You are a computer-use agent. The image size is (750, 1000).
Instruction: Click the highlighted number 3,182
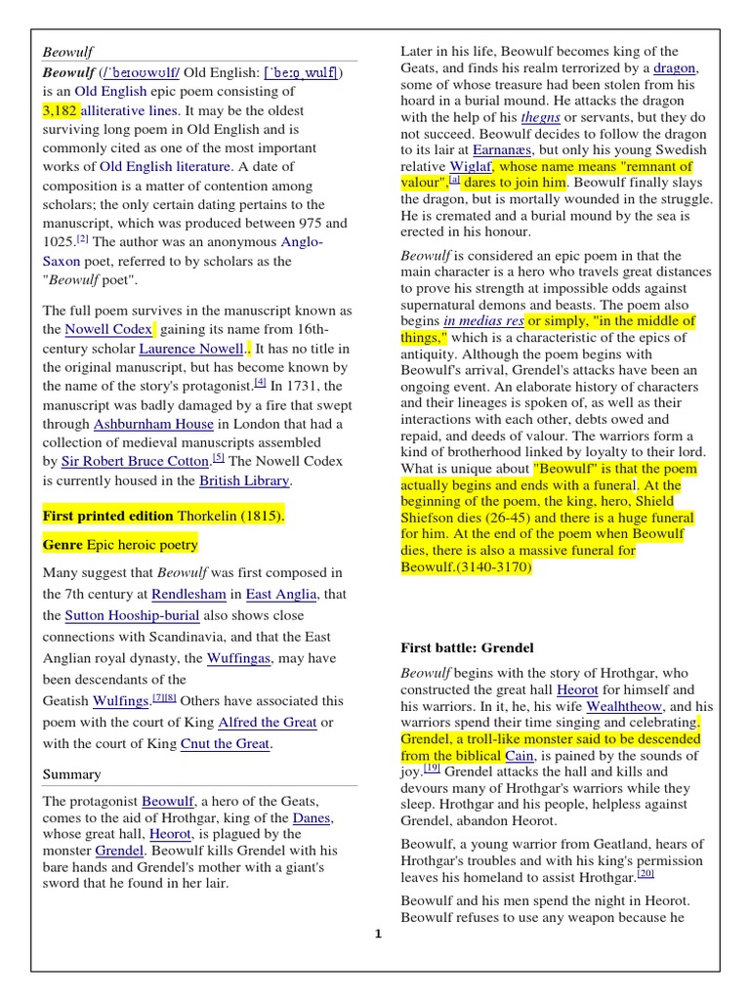[x=60, y=110]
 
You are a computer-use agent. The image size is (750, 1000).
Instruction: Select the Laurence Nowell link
[x=190, y=349]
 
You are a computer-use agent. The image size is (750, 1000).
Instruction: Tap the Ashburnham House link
[x=153, y=424]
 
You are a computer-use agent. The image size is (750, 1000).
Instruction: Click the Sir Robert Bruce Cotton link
[x=135, y=462]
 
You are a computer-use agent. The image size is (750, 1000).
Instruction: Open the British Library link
[x=244, y=480]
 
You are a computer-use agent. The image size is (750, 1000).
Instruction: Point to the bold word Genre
[x=62, y=545]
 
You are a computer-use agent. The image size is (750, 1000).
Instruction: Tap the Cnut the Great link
[x=225, y=744]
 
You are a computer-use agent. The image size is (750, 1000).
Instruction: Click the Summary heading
[x=71, y=774]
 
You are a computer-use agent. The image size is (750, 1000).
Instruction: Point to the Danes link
[x=312, y=817]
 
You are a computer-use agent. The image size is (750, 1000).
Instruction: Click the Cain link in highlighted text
[x=520, y=755]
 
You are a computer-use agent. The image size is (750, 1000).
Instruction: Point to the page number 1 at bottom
[x=377, y=934]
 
